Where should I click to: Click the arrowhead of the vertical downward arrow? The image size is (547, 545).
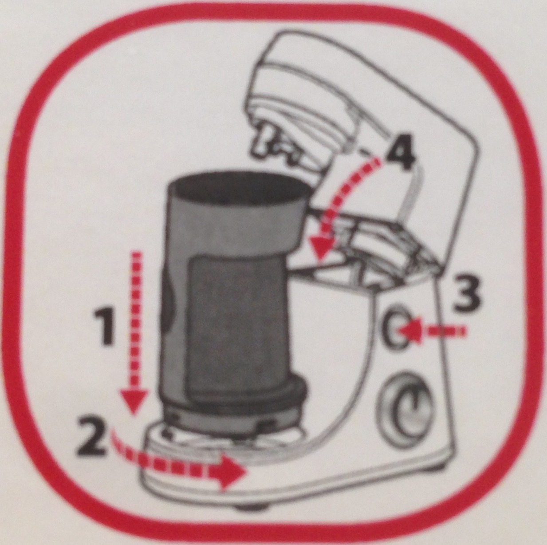(134, 401)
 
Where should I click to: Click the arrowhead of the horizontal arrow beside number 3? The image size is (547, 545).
(410, 331)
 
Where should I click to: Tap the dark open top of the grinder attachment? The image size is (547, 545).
(238, 189)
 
